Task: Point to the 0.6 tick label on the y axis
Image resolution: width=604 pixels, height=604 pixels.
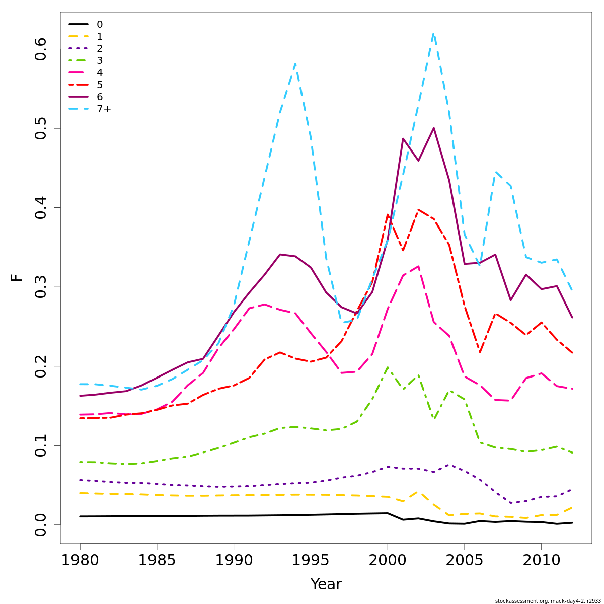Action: click(x=41, y=49)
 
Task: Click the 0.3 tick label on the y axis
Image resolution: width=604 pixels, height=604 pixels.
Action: click(x=41, y=287)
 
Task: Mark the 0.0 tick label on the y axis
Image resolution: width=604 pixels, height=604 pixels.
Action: click(x=41, y=524)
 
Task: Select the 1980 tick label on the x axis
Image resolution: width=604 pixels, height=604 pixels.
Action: click(x=80, y=560)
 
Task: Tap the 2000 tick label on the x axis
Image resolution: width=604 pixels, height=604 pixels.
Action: click(x=388, y=560)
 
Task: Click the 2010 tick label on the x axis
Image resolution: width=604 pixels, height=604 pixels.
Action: click(x=541, y=560)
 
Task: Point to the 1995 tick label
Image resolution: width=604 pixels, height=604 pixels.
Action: click(x=311, y=560)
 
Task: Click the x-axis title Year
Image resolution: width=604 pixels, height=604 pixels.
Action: click(x=326, y=584)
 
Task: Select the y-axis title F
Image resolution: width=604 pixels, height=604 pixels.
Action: click(x=17, y=277)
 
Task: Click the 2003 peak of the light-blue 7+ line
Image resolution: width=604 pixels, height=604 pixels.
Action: click(x=433, y=34)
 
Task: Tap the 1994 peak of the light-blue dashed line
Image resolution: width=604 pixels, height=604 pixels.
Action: click(x=295, y=64)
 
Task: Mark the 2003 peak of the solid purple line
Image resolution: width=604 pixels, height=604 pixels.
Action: click(x=433, y=128)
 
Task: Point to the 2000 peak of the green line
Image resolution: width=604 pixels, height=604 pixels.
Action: click(x=388, y=367)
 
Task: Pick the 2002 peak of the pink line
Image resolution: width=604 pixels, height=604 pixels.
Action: click(x=418, y=266)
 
